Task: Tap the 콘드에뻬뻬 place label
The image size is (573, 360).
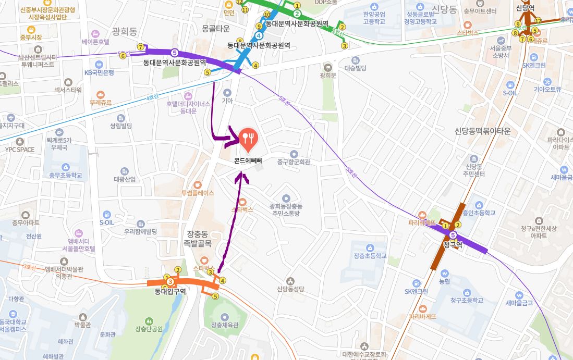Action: pyautogui.click(x=248, y=161)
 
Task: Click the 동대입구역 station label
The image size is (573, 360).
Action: pyautogui.click(x=170, y=292)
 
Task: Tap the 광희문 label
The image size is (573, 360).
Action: pyautogui.click(x=328, y=76)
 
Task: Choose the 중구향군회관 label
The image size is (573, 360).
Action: pyautogui.click(x=294, y=162)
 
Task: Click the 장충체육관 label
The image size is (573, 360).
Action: pyautogui.click(x=225, y=325)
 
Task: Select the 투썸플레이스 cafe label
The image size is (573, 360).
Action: pyautogui.click(x=198, y=193)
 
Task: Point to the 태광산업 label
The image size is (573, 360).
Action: pyautogui.click(x=125, y=179)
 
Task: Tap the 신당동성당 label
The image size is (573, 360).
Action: pyautogui.click(x=290, y=289)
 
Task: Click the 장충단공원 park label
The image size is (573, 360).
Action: pyautogui.click(x=149, y=329)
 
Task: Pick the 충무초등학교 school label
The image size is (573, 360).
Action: pyautogui.click(x=66, y=175)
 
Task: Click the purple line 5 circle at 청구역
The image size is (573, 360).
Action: pyautogui.click(x=453, y=235)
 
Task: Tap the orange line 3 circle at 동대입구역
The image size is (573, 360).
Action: pyautogui.click(x=170, y=282)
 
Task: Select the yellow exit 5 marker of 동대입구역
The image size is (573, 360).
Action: pyautogui.click(x=215, y=296)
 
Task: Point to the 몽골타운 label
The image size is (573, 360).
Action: pyautogui.click(x=215, y=28)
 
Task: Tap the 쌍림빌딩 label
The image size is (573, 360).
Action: pyautogui.click(x=121, y=126)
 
